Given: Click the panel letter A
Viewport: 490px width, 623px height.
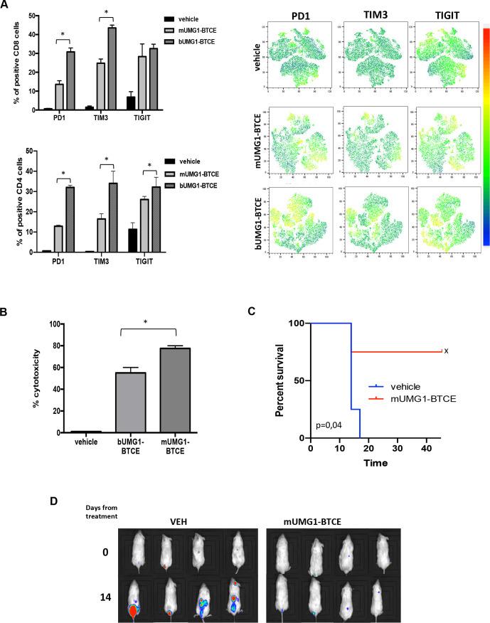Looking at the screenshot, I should tap(6, 5).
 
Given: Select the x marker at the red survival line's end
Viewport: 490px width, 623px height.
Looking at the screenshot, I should tap(445, 351).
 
